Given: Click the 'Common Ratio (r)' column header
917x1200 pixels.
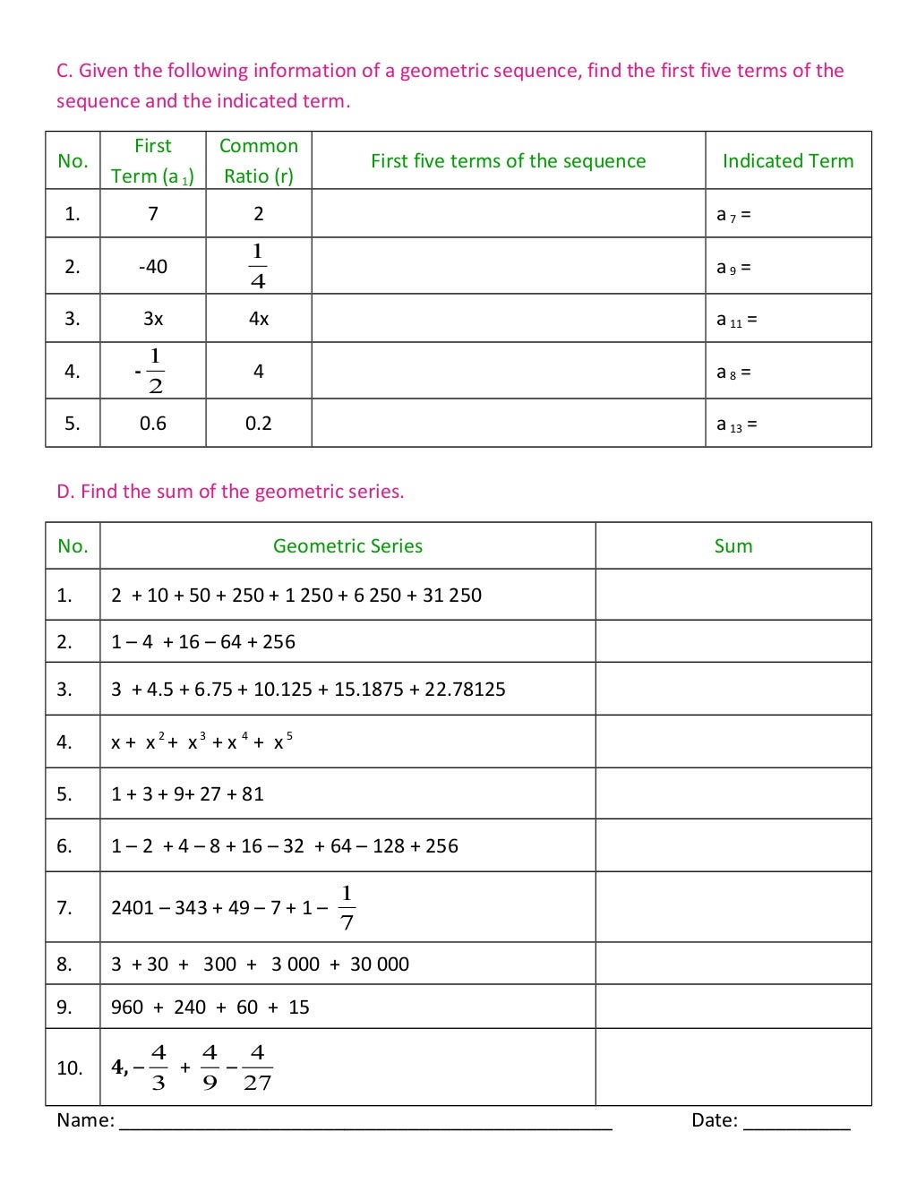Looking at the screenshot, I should coord(259,160).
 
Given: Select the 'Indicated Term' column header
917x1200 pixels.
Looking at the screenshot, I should coord(788,161).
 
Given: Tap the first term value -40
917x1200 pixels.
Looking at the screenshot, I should coord(153,267).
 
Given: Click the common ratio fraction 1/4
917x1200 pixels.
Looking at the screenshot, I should coord(258,266).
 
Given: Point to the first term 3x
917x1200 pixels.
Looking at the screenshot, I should coord(153,319).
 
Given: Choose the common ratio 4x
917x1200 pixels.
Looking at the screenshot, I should coord(259,319).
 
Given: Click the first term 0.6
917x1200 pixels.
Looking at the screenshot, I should coord(153,424).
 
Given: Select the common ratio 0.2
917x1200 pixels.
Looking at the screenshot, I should coord(259,424).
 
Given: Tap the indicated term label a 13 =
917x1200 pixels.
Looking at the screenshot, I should coord(736,424).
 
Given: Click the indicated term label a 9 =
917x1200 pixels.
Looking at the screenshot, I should coord(733,267).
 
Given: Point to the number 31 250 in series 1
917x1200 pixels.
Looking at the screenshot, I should coord(452,596).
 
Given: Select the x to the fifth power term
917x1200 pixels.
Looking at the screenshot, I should coord(283,741).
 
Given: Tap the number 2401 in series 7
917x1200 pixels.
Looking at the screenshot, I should coord(133,908).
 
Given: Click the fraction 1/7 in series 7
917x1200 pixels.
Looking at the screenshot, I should coord(347,908).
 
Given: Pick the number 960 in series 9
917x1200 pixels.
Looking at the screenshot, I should coord(127,1007).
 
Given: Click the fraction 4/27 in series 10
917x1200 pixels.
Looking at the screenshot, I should coord(257,1067).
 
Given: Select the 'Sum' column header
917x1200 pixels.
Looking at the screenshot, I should coord(733,546).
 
